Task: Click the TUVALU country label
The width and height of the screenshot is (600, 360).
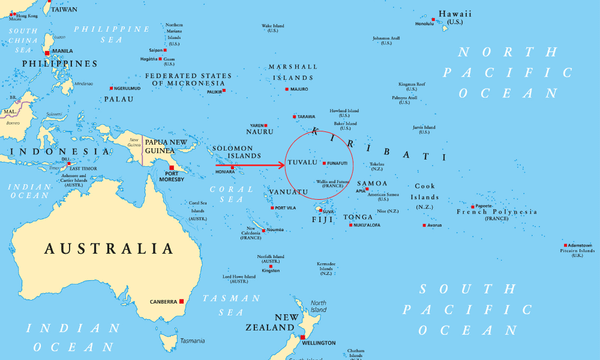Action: point(301,162)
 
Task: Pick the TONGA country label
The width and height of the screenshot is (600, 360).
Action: point(357,216)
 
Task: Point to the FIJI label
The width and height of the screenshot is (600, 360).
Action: point(322,219)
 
